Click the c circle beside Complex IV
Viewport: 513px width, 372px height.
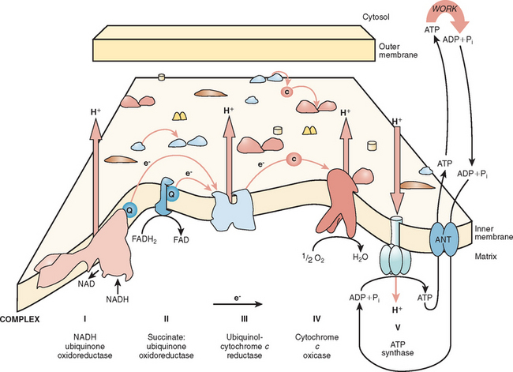292,159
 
